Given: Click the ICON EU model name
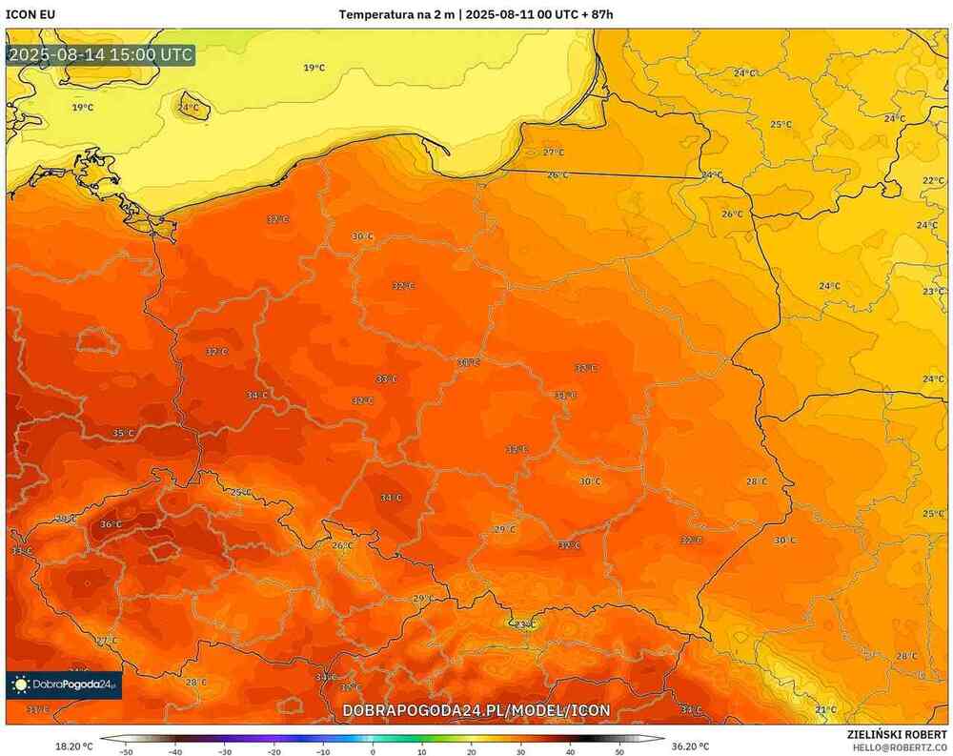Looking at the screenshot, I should tap(30, 14).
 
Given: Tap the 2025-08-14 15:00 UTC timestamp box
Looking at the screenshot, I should tap(100, 54).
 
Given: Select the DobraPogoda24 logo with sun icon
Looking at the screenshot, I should tap(64, 684).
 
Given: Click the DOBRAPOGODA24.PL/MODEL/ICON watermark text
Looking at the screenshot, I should tap(476, 711).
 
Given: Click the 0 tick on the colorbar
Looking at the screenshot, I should tap(373, 751).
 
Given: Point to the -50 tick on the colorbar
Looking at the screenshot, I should tap(125, 751).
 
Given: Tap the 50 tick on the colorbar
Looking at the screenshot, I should tap(619, 751).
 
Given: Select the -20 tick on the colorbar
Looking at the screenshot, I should tap(274, 751).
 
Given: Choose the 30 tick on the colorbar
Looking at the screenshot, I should tap(520, 751).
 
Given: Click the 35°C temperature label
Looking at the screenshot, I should tap(123, 433).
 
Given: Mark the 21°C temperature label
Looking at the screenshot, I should tap(825, 709).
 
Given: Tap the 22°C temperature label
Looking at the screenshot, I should tap(933, 180).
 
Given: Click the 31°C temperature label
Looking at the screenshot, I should tap(37, 709).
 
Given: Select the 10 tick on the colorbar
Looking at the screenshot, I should tap(421, 751).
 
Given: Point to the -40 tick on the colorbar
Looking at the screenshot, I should tap(174, 751).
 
